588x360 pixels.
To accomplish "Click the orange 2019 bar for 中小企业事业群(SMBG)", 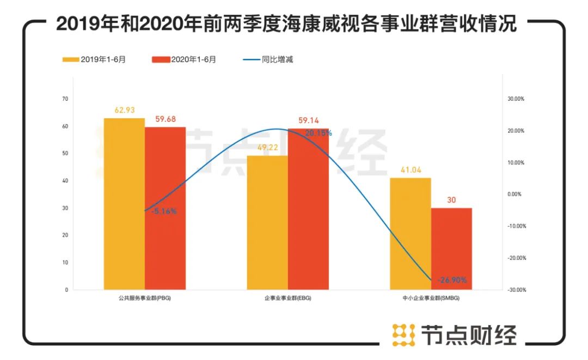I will click(x=411, y=234).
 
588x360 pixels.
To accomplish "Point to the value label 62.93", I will click(x=124, y=110).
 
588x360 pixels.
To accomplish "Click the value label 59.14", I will click(x=309, y=120).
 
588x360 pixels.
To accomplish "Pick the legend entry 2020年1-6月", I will click(x=185, y=59).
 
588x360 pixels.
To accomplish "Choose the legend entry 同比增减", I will click(x=269, y=59).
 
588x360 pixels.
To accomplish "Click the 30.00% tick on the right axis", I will click(x=516, y=99).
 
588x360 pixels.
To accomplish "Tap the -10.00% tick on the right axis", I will click(x=516, y=226).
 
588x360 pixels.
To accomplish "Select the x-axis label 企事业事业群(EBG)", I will click(x=288, y=299).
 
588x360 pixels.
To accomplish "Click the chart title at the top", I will click(x=286, y=25).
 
